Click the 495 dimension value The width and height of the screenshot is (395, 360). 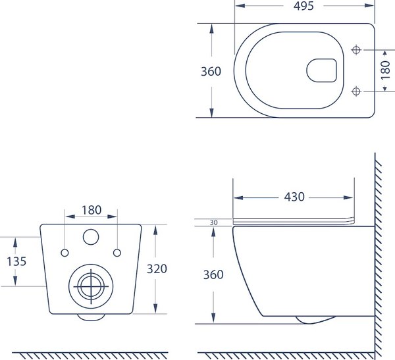click(303, 6)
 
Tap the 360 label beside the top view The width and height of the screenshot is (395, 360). click(211, 72)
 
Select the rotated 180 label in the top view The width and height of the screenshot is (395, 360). click(385, 70)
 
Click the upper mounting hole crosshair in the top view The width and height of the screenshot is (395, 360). click(356, 50)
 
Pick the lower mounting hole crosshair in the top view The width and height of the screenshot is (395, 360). click(356, 91)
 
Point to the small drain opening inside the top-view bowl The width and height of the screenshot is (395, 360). click(322, 70)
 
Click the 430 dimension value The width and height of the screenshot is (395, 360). click(294, 197)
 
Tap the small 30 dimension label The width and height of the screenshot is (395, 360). click(213, 222)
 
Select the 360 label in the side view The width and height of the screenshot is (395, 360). click(213, 274)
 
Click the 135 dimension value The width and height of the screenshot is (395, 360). click(16, 261)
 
